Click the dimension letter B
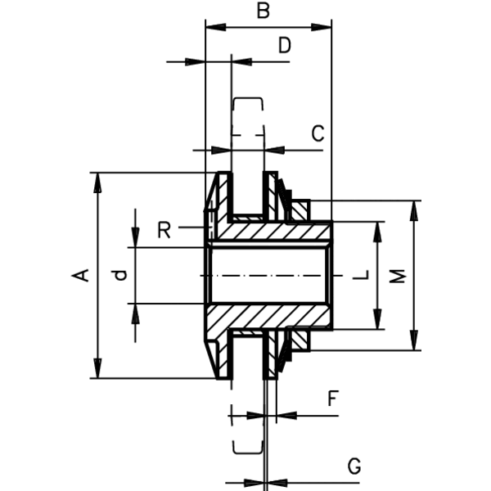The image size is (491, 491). tap(263, 11)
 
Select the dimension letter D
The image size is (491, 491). tap(285, 45)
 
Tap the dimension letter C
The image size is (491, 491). tap(318, 133)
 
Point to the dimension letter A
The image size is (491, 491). tap(80, 275)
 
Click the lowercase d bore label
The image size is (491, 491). tap(120, 275)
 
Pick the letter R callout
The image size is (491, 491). tap(164, 230)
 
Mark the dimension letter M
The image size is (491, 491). tap(398, 276)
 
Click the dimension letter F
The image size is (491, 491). tap(332, 399)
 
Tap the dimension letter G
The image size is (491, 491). tap(354, 466)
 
